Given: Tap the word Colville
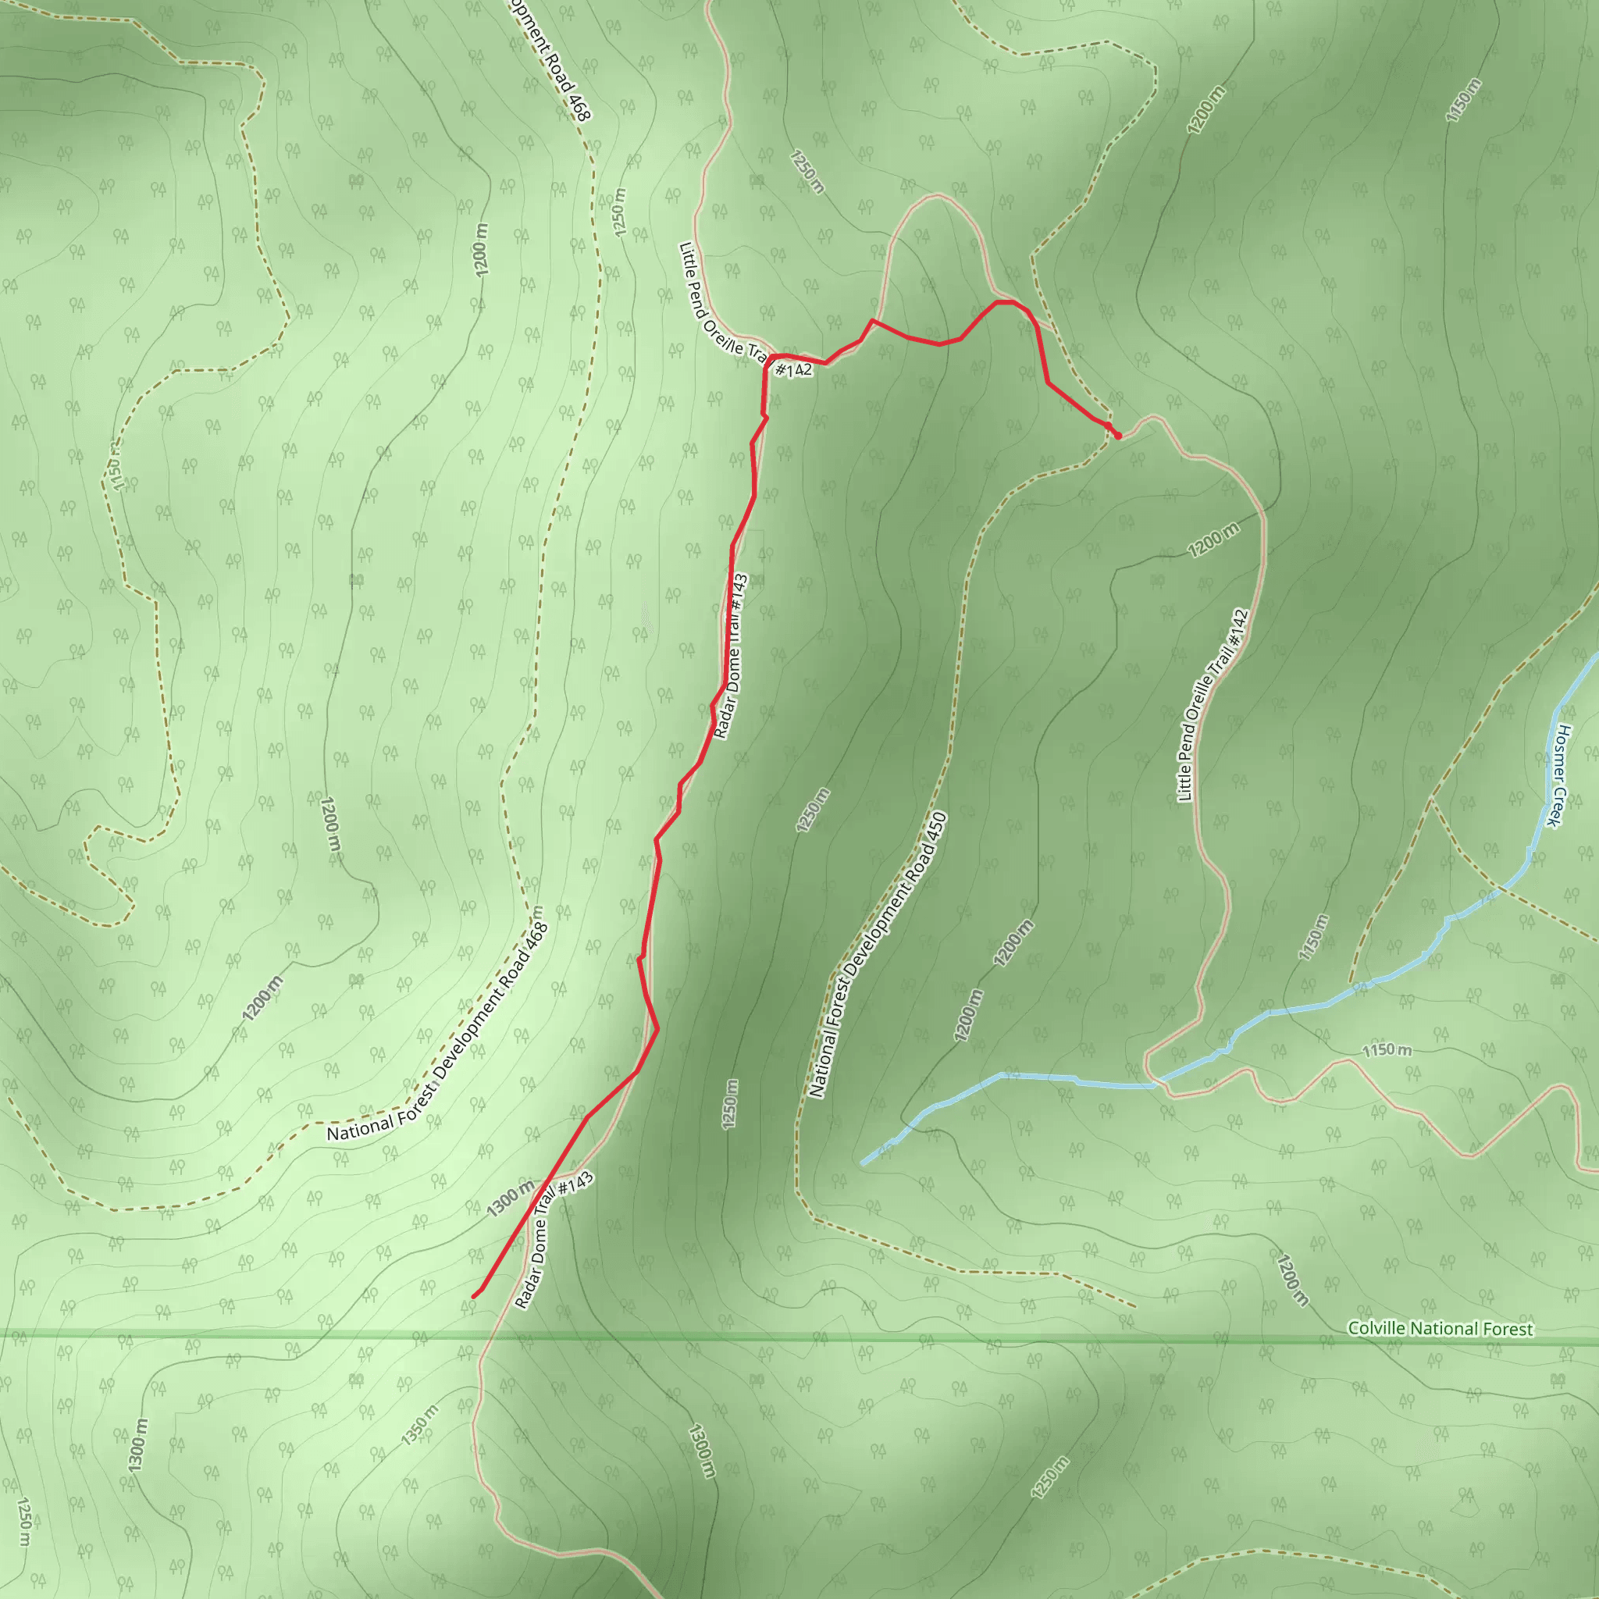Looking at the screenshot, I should (1378, 1327).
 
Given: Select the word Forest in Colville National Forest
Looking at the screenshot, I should (1508, 1329).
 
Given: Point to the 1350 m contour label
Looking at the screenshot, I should (419, 1425).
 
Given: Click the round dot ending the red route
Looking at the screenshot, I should (1118, 436).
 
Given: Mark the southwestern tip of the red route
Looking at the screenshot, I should (473, 1297).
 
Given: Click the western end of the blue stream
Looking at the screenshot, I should (863, 1163).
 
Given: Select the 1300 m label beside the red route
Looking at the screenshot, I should (510, 1199).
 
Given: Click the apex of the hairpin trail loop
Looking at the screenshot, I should (936, 195).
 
